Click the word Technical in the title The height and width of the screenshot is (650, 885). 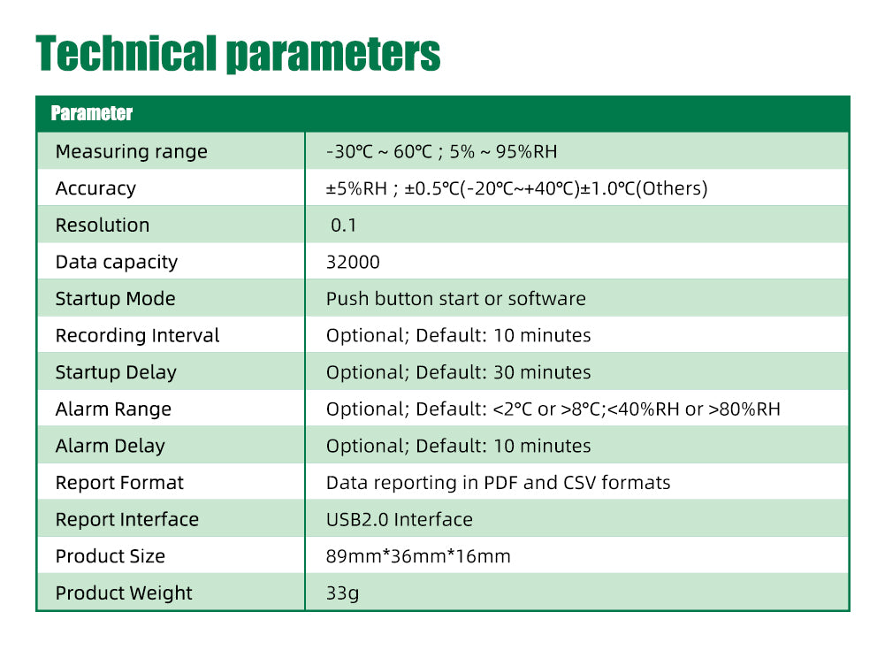126,53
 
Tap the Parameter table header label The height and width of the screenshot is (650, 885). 91,113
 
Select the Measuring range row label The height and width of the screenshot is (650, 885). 132,151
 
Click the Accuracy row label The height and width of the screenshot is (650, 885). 96,188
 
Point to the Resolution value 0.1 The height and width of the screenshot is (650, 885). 343,226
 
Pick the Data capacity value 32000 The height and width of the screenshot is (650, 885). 353,262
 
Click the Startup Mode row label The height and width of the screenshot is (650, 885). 115,299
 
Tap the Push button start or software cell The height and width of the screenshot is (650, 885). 456,299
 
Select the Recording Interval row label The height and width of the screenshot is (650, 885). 137,335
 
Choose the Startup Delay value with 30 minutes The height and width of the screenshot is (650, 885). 458,372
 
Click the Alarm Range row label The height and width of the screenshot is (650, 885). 113,409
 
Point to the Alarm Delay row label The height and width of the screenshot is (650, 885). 110,446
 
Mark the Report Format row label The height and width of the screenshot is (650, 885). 119,483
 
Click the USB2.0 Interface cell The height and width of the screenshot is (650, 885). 400,519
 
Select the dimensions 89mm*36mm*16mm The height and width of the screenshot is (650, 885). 418,556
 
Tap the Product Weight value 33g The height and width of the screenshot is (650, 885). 343,593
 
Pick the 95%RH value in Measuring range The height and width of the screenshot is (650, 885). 527,151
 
